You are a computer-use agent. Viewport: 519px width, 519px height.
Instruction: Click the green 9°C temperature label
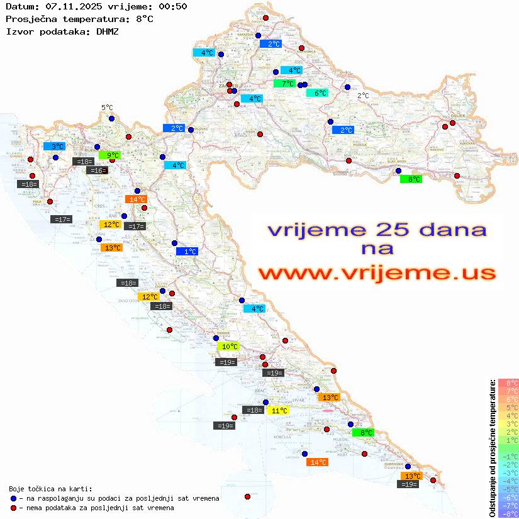click(109, 155)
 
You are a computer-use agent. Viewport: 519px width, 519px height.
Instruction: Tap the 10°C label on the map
click(228, 347)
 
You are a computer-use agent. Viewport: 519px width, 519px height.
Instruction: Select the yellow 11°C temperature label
click(279, 411)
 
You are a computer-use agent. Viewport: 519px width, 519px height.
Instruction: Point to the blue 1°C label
click(187, 252)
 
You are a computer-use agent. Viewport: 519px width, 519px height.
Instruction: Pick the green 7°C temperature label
click(284, 84)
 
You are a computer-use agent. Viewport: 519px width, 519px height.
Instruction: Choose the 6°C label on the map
click(317, 93)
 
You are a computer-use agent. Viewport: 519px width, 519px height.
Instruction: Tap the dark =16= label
click(97, 170)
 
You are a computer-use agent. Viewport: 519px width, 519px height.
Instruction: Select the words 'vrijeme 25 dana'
click(376, 230)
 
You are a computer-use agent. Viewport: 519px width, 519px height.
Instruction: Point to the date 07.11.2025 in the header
click(70, 6)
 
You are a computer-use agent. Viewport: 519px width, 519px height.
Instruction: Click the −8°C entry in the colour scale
click(508, 513)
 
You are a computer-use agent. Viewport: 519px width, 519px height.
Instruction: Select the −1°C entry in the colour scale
click(508, 456)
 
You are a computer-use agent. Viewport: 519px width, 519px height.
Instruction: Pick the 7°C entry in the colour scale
click(508, 391)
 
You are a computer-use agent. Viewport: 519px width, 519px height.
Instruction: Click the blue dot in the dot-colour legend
click(14, 498)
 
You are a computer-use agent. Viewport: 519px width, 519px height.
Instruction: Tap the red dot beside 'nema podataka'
click(14, 508)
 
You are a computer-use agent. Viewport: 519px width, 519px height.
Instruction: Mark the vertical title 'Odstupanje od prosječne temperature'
click(492, 448)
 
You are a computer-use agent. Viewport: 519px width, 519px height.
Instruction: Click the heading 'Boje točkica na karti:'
click(50, 489)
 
